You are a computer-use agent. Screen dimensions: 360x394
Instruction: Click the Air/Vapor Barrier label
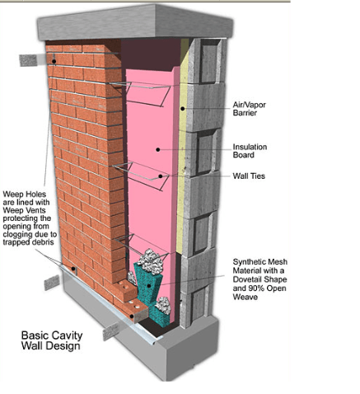[249, 109]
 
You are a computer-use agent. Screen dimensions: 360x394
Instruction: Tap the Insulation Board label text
[250, 151]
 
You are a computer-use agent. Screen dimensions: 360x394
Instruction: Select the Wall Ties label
[249, 176]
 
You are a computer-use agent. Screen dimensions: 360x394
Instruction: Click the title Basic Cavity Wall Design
[52, 340]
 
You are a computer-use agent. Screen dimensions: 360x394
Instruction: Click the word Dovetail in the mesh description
[246, 279]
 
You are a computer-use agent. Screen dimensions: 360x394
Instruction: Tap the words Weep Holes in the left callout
[25, 195]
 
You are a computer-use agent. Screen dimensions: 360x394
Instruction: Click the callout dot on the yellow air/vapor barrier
[182, 109]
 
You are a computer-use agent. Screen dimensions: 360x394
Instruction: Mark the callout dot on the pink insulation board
[158, 149]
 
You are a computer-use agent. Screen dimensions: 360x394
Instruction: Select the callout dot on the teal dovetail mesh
[149, 286]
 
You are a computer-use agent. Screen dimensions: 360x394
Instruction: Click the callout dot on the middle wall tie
[161, 176]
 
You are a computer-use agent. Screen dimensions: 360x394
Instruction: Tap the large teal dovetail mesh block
[148, 283]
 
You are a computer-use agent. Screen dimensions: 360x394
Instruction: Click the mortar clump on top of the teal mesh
[150, 261]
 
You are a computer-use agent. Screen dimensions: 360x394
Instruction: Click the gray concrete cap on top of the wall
[135, 22]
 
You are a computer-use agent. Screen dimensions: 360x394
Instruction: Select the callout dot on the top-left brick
[54, 61]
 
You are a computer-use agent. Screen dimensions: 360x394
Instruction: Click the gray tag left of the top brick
[28, 60]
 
